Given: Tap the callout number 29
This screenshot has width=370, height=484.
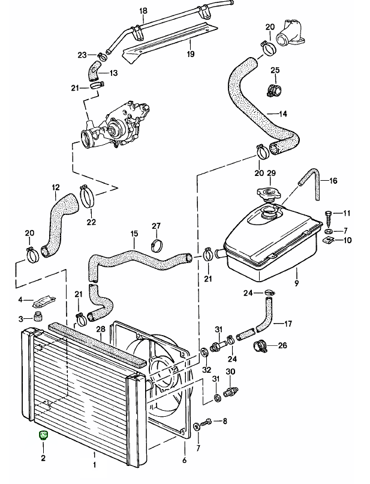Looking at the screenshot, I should point(270,174).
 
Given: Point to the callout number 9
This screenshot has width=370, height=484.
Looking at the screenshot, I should point(296,283).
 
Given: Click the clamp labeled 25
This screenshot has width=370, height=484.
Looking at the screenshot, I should point(275,91).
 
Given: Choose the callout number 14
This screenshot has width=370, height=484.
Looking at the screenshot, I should point(283,113).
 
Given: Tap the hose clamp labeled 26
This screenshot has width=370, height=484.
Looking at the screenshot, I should point(261,346).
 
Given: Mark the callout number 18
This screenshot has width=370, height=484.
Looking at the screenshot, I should point(143,11).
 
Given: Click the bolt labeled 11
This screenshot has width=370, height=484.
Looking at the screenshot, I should point(329,215).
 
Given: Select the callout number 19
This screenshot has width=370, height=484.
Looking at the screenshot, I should point(190,54).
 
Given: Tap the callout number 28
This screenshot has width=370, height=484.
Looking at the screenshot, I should point(101,328).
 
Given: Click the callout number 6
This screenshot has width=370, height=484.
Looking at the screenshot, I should point(184,461).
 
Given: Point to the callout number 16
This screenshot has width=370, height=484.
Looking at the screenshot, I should point(333,180).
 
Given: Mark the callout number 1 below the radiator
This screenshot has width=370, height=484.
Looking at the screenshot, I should point(94,464).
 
